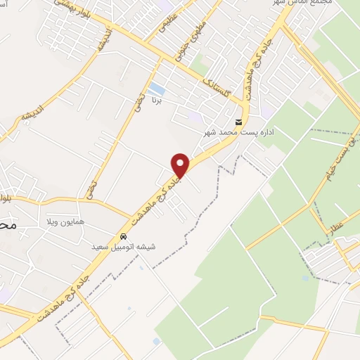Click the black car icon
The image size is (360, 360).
point(123,236)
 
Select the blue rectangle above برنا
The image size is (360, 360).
point(157,90)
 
